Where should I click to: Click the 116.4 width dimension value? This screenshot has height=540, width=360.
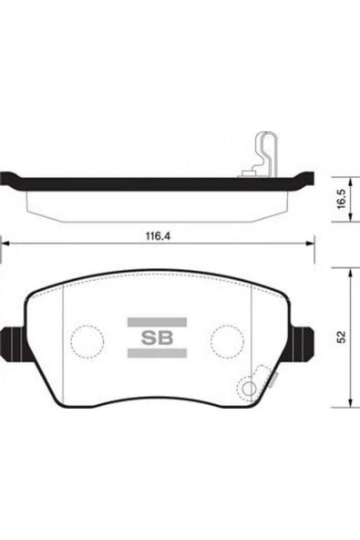click(159, 236)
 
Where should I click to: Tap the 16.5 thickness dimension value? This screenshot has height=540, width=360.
click(341, 199)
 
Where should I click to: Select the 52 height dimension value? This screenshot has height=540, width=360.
click(342, 337)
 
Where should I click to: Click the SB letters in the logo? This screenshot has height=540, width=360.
click(157, 337)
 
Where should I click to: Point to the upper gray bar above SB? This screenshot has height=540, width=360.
click(157, 322)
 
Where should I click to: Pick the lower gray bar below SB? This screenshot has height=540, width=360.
click(157, 353)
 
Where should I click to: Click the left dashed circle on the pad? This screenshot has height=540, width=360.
click(87, 341)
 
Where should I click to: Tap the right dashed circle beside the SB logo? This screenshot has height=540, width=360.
click(228, 341)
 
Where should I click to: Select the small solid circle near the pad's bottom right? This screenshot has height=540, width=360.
click(249, 389)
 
